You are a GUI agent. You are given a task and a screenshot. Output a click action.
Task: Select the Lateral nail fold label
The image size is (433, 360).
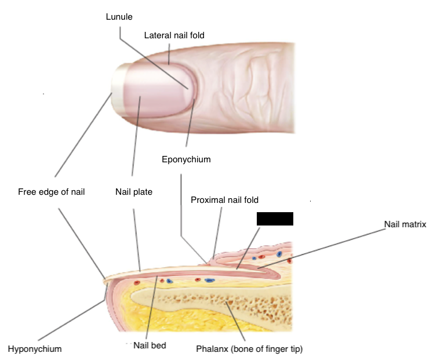(x=174, y=35)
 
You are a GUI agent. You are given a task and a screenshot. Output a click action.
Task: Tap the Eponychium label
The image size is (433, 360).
(x=185, y=159)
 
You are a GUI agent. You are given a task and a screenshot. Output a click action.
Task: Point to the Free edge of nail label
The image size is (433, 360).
(x=52, y=192)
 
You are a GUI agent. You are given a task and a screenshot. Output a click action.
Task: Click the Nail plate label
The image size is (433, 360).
(x=133, y=192)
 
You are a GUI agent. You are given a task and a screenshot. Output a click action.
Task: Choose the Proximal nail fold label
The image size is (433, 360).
(x=224, y=200)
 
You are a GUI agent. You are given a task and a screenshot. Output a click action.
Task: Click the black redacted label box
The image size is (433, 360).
(x=275, y=219)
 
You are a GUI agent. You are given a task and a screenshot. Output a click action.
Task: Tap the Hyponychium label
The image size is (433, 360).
(x=35, y=349)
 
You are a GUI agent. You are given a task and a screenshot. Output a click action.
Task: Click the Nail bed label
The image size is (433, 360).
(x=150, y=346)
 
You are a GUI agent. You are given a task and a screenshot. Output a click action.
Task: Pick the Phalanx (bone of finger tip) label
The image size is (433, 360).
(x=249, y=349)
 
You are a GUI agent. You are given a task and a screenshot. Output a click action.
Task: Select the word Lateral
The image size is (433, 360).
(x=156, y=35)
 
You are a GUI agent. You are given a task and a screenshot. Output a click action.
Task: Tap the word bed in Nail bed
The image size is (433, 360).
(x=158, y=346)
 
